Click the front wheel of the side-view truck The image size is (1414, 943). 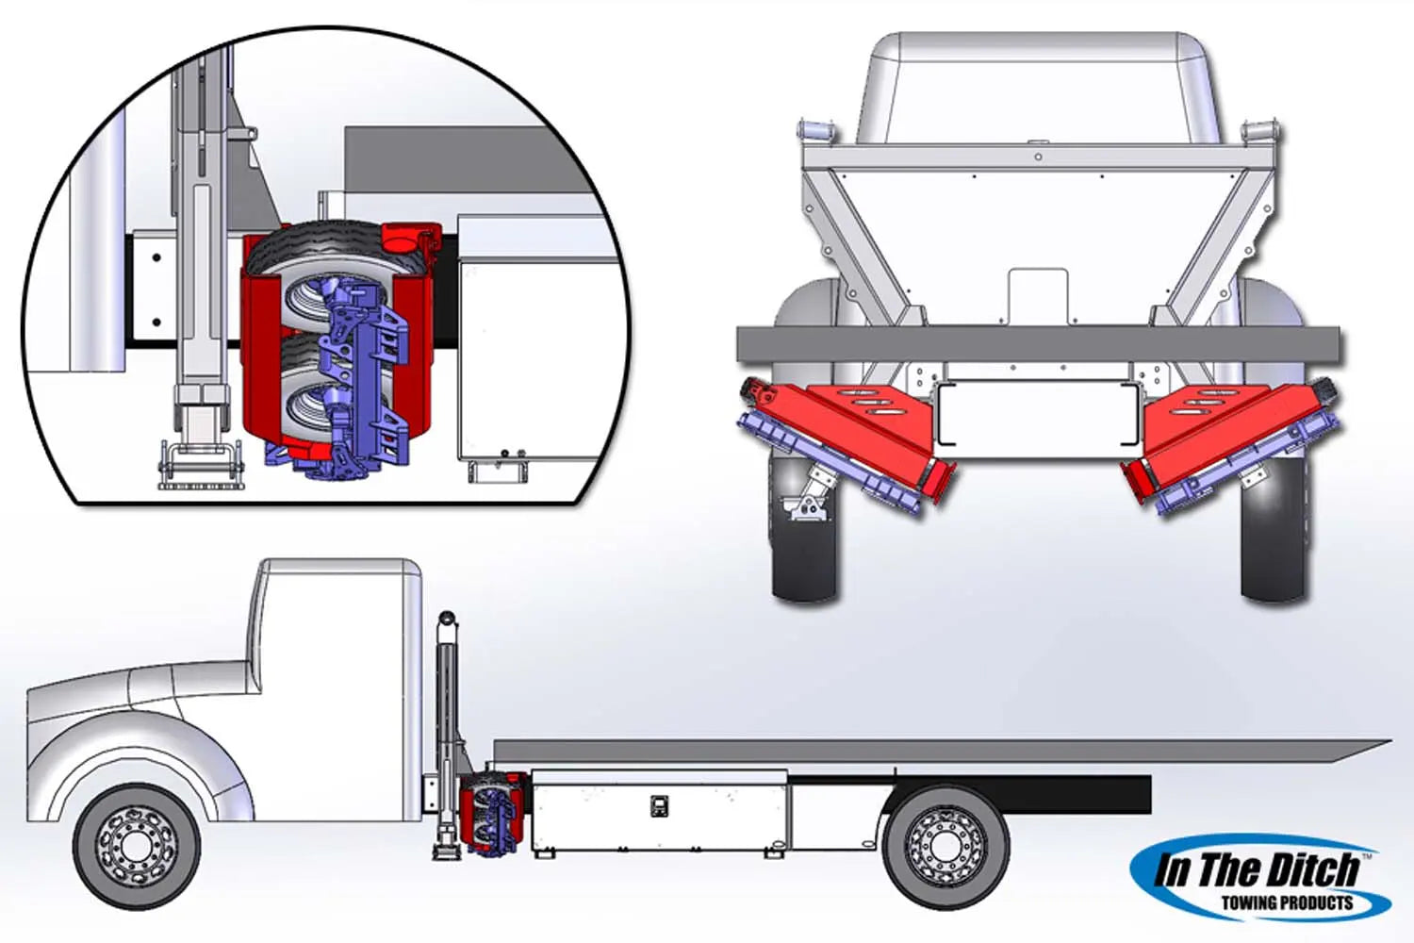(x=137, y=847)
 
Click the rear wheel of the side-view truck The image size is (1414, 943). (x=945, y=847)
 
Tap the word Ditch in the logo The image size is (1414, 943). (x=1306, y=869)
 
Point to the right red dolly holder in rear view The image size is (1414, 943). (x=1231, y=436)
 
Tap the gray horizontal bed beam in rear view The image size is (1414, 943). (x=1039, y=345)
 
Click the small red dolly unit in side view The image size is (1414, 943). (x=491, y=815)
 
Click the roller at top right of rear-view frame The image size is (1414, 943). (x=1260, y=132)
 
